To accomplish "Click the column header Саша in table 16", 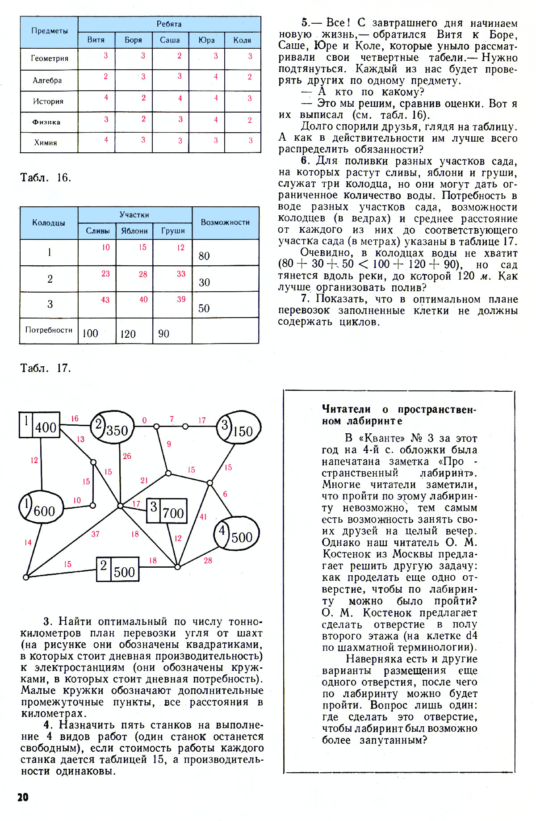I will [x=170, y=40].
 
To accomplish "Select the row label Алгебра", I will [x=47, y=80].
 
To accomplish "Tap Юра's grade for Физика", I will [x=216, y=120].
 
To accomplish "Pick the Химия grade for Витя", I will [x=106, y=140].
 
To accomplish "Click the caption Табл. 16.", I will [x=46, y=178].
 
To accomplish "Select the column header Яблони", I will [x=134, y=231].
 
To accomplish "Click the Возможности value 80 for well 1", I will [x=204, y=256].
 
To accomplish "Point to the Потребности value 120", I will [x=128, y=334].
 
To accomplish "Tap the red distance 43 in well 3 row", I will [x=105, y=300].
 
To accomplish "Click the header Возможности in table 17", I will [x=225, y=222].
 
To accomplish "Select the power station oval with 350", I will [x=113, y=427].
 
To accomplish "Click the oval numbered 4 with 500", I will [x=237, y=534].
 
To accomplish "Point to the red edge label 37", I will [x=95, y=534].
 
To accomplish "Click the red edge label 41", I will [x=203, y=517].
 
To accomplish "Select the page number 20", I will [x=23, y=797].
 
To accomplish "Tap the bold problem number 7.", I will [x=306, y=299].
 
